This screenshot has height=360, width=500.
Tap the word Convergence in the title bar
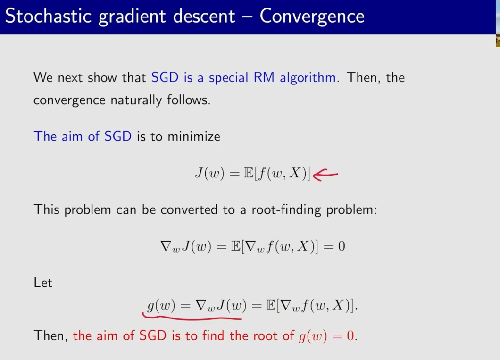(x=312, y=17)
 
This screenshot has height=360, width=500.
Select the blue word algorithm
(x=308, y=78)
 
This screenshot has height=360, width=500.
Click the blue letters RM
(x=264, y=77)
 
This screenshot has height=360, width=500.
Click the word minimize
(x=194, y=136)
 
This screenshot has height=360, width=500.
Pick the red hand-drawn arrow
(x=325, y=175)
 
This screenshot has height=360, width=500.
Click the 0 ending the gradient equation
(x=342, y=246)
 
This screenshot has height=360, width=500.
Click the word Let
(x=43, y=283)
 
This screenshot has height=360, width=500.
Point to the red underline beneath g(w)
(x=192, y=317)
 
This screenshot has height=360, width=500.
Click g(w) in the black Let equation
(x=161, y=305)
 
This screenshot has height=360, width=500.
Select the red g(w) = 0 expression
(x=326, y=336)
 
